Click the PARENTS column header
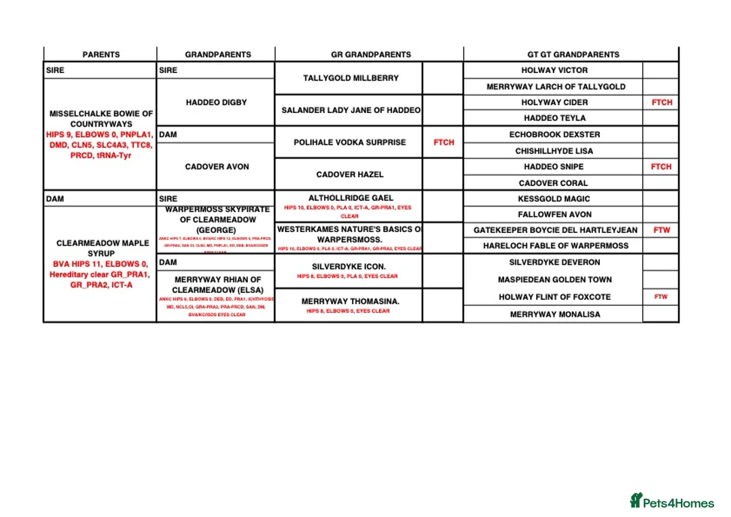point(101,54)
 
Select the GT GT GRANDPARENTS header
point(573,54)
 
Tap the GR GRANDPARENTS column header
point(370,54)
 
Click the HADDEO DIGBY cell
point(216,102)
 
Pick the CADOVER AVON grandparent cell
point(217,166)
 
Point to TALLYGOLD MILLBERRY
point(351,78)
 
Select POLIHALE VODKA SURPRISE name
point(349,142)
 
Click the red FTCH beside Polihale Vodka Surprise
point(443,142)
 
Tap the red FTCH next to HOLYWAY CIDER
point(661,102)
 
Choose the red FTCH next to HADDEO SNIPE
point(661,166)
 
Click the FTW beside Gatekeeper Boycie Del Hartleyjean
point(661,230)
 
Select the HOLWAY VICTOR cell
point(554,70)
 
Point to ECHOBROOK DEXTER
point(554,135)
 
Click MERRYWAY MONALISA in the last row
point(554,314)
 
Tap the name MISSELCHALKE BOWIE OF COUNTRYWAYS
point(101,118)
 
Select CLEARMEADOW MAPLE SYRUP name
point(101,248)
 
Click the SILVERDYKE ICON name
point(349,267)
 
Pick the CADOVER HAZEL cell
point(349,174)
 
